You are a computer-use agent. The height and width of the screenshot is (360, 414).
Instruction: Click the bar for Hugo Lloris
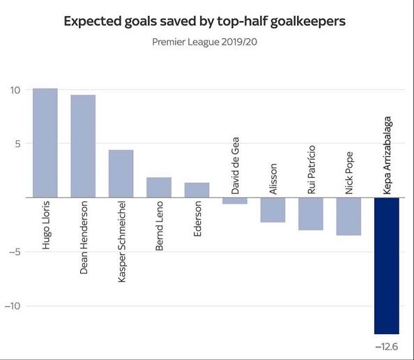[x=45, y=143]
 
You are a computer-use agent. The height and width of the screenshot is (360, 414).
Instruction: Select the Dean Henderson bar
[x=83, y=147]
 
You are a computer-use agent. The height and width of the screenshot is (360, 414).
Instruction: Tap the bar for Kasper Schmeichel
[x=121, y=174]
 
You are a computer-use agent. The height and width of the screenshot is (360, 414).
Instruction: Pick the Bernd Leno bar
[x=159, y=188]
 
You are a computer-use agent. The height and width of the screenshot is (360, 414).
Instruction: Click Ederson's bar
[x=197, y=190]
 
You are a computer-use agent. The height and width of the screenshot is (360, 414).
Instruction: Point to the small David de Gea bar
[x=235, y=201]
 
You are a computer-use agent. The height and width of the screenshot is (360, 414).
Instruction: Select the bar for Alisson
[x=273, y=210]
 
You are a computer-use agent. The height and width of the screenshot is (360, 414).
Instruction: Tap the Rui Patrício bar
[x=310, y=214]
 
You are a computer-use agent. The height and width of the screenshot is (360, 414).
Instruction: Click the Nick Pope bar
[x=348, y=216]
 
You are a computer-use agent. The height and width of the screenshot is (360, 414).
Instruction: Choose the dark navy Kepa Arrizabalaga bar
[x=387, y=266]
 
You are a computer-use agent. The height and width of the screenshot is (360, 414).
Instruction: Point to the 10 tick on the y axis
[x=15, y=90]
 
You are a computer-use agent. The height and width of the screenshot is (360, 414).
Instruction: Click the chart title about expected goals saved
[x=204, y=21]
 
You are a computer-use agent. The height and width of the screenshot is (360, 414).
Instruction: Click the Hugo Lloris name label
[x=46, y=226]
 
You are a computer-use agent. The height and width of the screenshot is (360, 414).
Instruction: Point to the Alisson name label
[x=273, y=179]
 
